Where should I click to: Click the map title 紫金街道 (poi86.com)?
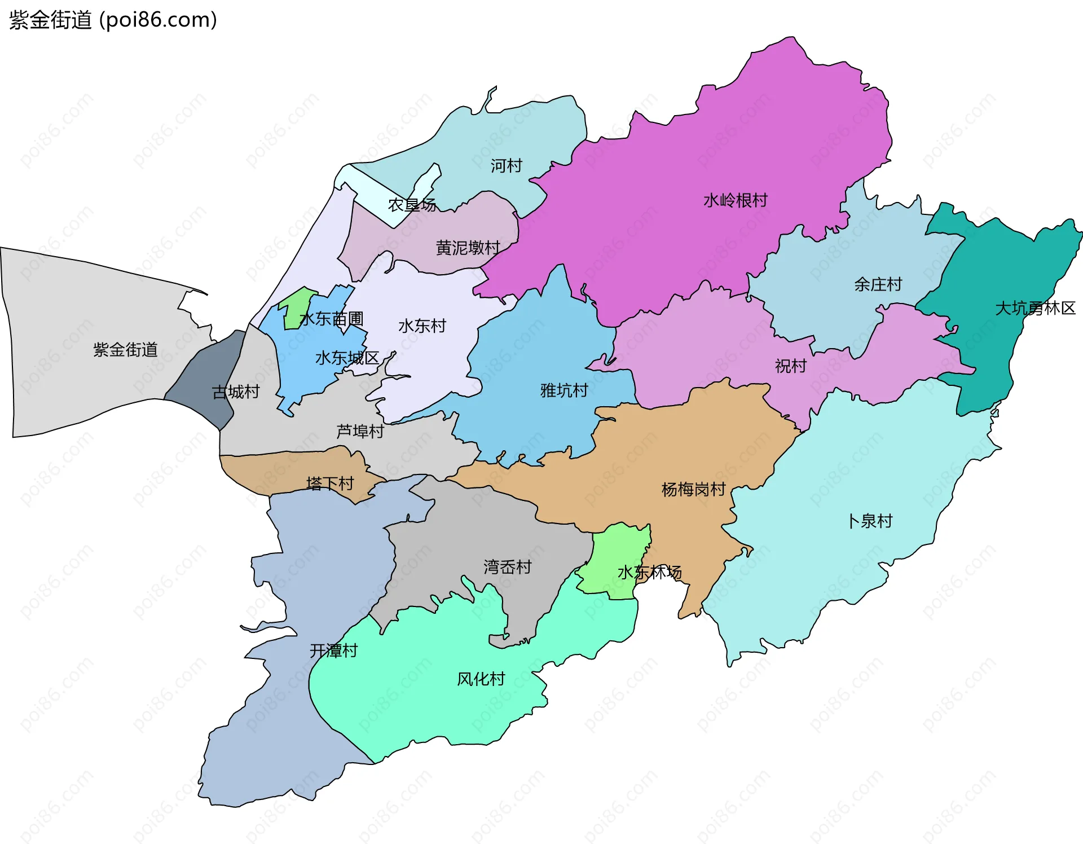113,20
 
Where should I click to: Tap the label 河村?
506,166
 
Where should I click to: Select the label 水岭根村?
735,200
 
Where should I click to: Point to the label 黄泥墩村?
468,248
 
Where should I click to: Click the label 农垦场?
412,205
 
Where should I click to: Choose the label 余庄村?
878,284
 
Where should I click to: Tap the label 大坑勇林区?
1035,309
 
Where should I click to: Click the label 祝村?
790,366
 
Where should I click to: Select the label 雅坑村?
564,390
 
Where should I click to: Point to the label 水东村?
422,326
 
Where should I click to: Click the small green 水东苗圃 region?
295,307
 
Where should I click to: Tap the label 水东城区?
346,358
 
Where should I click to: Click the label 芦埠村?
360,432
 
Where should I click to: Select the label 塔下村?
329,483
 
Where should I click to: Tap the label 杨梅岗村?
693,489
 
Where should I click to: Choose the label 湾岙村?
507,567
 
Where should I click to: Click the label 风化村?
481,679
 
